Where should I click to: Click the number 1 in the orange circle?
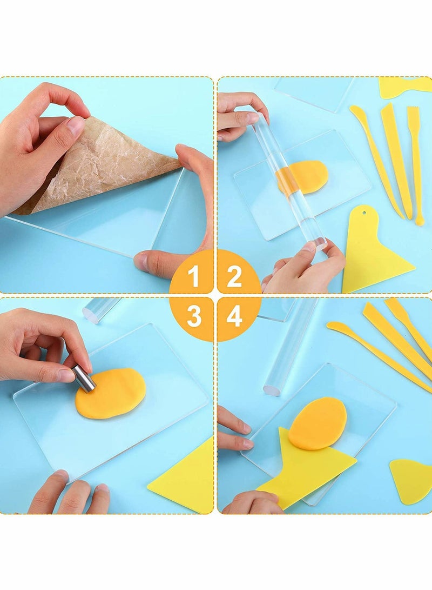[x=194, y=277]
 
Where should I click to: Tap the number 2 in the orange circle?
[x=234, y=277]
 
